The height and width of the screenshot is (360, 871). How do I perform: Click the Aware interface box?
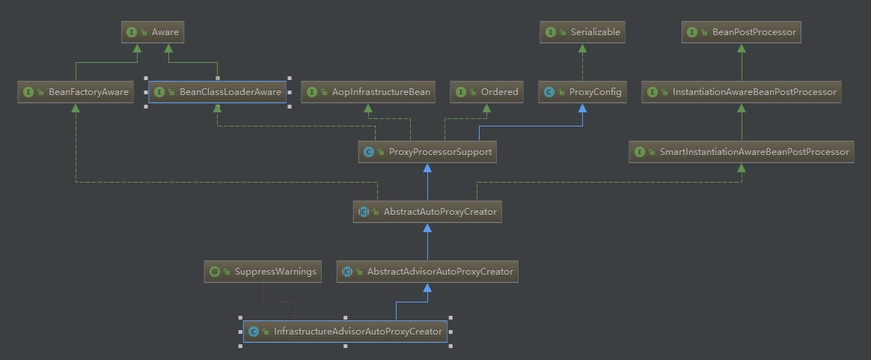coord(153,32)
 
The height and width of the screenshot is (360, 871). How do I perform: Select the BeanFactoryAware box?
coord(76,92)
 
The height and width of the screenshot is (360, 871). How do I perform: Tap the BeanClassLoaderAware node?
coord(217,92)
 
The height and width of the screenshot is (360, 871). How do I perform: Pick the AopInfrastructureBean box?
coord(368,92)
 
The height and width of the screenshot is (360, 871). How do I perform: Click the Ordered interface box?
coord(487,92)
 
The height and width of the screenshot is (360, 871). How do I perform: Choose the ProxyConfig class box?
coord(583,92)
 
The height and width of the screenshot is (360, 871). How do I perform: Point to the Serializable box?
coord(583,32)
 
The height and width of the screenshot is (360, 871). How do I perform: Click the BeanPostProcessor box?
coord(742,32)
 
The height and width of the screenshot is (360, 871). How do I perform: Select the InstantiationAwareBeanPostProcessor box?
coord(742,92)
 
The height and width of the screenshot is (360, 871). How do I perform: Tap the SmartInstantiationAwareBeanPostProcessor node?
coord(742,152)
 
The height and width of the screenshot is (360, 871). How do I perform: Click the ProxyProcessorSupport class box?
coord(427,152)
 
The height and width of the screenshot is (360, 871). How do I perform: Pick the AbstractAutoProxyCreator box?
coord(427,212)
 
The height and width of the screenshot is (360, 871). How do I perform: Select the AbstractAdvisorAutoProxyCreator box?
coord(427,272)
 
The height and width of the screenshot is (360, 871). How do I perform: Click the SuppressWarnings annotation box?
coord(263,272)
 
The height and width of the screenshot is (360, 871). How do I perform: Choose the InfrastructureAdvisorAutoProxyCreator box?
coord(345,332)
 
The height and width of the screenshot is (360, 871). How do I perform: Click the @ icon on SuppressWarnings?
coord(215,272)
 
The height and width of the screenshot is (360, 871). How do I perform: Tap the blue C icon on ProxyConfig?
coord(549,92)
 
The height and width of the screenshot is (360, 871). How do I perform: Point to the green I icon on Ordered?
coord(461,92)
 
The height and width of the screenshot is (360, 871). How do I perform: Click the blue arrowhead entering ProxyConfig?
coord(583,108)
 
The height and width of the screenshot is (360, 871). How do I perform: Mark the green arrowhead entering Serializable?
coord(583,48)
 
